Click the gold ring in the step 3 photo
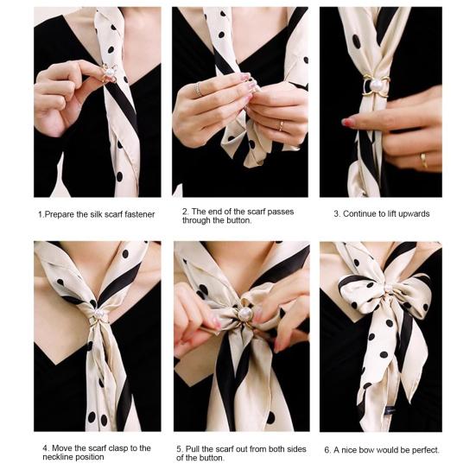tap(422, 160)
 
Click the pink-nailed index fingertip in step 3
tap(349, 123)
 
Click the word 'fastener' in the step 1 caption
tap(136, 213)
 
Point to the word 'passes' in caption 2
tap(282, 210)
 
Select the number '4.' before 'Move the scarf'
tap(45, 448)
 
